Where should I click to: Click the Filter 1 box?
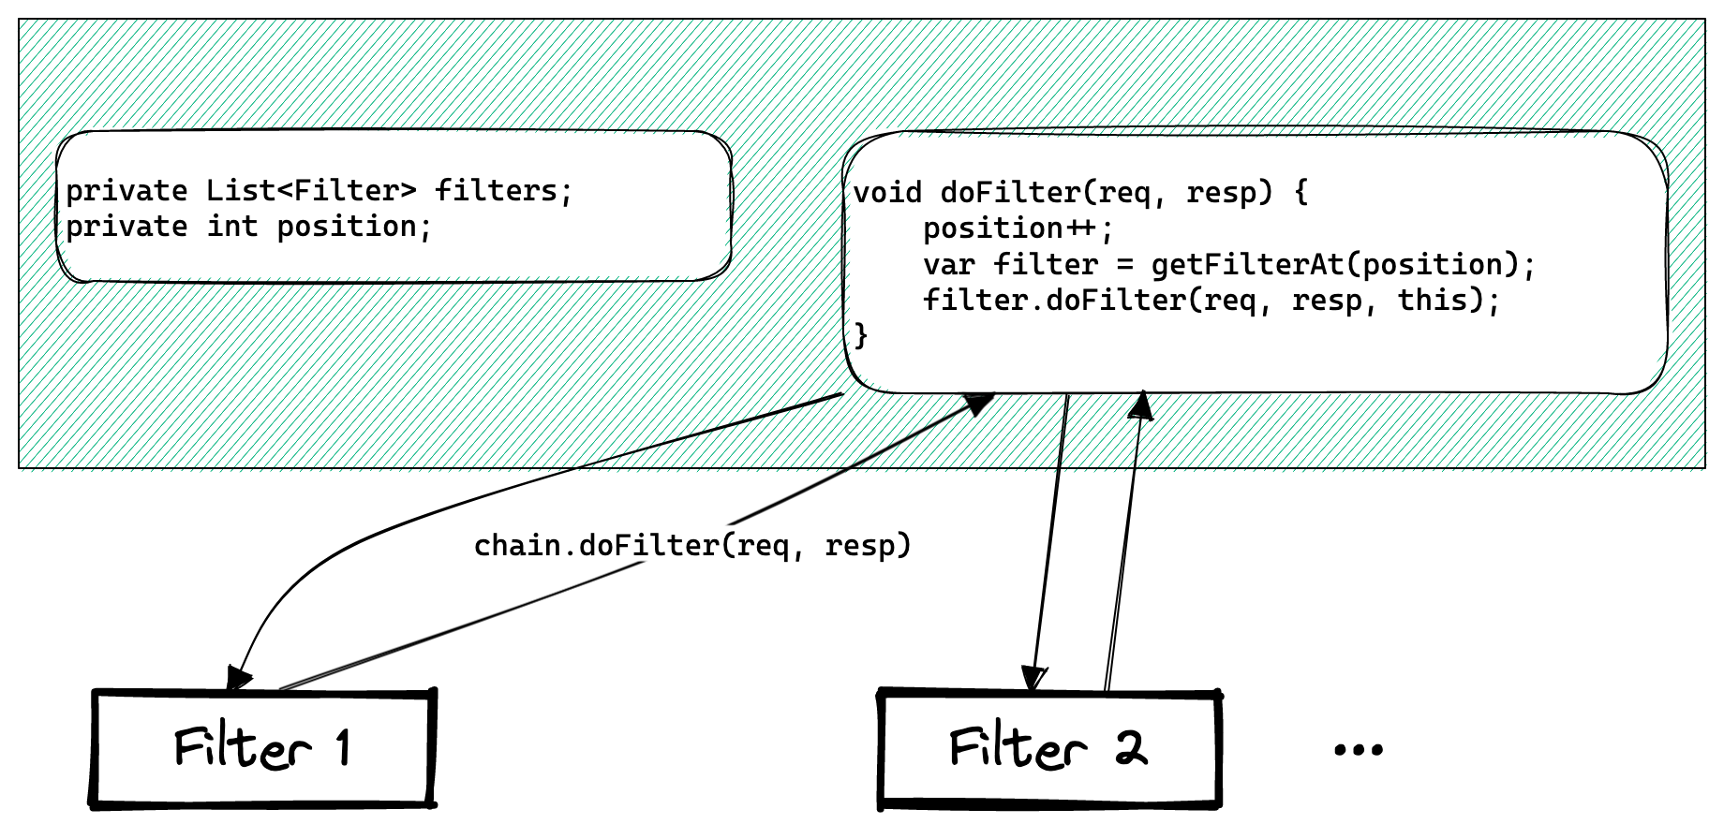263,747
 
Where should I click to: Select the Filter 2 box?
1049,747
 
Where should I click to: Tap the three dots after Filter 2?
1358,749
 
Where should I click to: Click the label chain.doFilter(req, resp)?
692,545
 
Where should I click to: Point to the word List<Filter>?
311,191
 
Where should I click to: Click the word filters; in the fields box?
503,191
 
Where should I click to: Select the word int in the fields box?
232,227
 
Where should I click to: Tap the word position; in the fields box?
354,227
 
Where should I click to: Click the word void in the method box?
887,193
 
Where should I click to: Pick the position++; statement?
1018,228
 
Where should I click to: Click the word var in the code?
949,265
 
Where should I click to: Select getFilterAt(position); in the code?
1344,265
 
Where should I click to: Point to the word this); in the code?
1449,301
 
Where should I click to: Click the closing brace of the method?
861,334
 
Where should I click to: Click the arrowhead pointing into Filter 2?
1033,679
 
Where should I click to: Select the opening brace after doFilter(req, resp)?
1300,193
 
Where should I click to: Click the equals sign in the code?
1124,265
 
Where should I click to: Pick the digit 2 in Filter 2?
1131,747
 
